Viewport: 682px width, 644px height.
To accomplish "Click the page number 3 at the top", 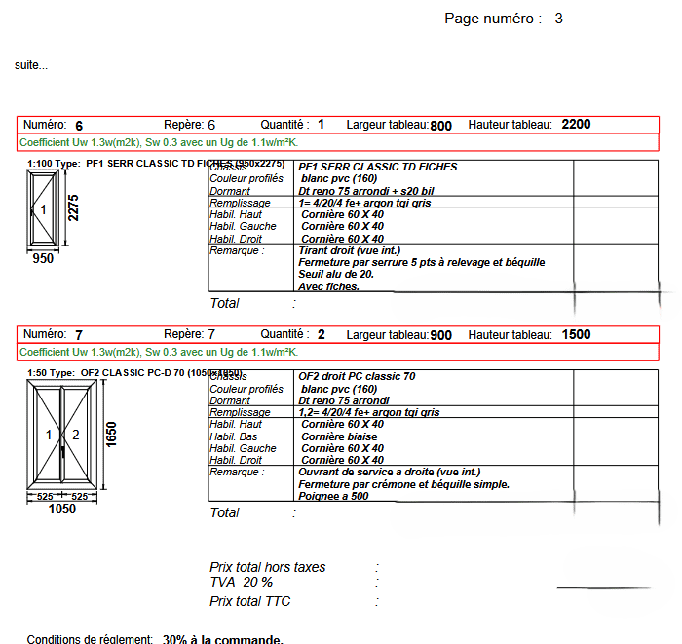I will pos(558,19).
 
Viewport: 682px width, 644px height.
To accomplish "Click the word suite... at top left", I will pos(31,65).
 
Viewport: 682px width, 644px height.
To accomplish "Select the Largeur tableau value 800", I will pos(441,126).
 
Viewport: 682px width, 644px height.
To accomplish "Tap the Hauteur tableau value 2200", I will pos(576,125).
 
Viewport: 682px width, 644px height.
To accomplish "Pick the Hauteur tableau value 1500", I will pos(576,335).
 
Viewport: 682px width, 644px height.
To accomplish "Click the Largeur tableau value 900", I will pos(441,336).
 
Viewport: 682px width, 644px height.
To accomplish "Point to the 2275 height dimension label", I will pos(73,208).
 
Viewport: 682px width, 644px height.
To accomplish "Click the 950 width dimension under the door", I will pos(43,259).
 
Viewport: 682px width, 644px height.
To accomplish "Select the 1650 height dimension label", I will pos(111,435).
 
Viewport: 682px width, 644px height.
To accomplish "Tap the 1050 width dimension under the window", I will pos(62,509).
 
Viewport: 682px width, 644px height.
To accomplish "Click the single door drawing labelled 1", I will pos(43,209).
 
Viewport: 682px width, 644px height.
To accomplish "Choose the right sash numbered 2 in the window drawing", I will pos(76,435).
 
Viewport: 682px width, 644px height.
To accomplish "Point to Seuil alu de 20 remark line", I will pos(338,275).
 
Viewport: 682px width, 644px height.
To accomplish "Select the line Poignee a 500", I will pos(333,496).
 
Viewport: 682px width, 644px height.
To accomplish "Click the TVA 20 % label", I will pos(242,583).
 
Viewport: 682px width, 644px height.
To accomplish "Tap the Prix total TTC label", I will pos(249,601).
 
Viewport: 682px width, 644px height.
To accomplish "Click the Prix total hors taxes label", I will pos(268,567).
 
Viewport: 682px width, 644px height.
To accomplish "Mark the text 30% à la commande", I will pos(223,639).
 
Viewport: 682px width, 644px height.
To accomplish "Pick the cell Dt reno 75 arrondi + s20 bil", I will pos(366,191).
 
